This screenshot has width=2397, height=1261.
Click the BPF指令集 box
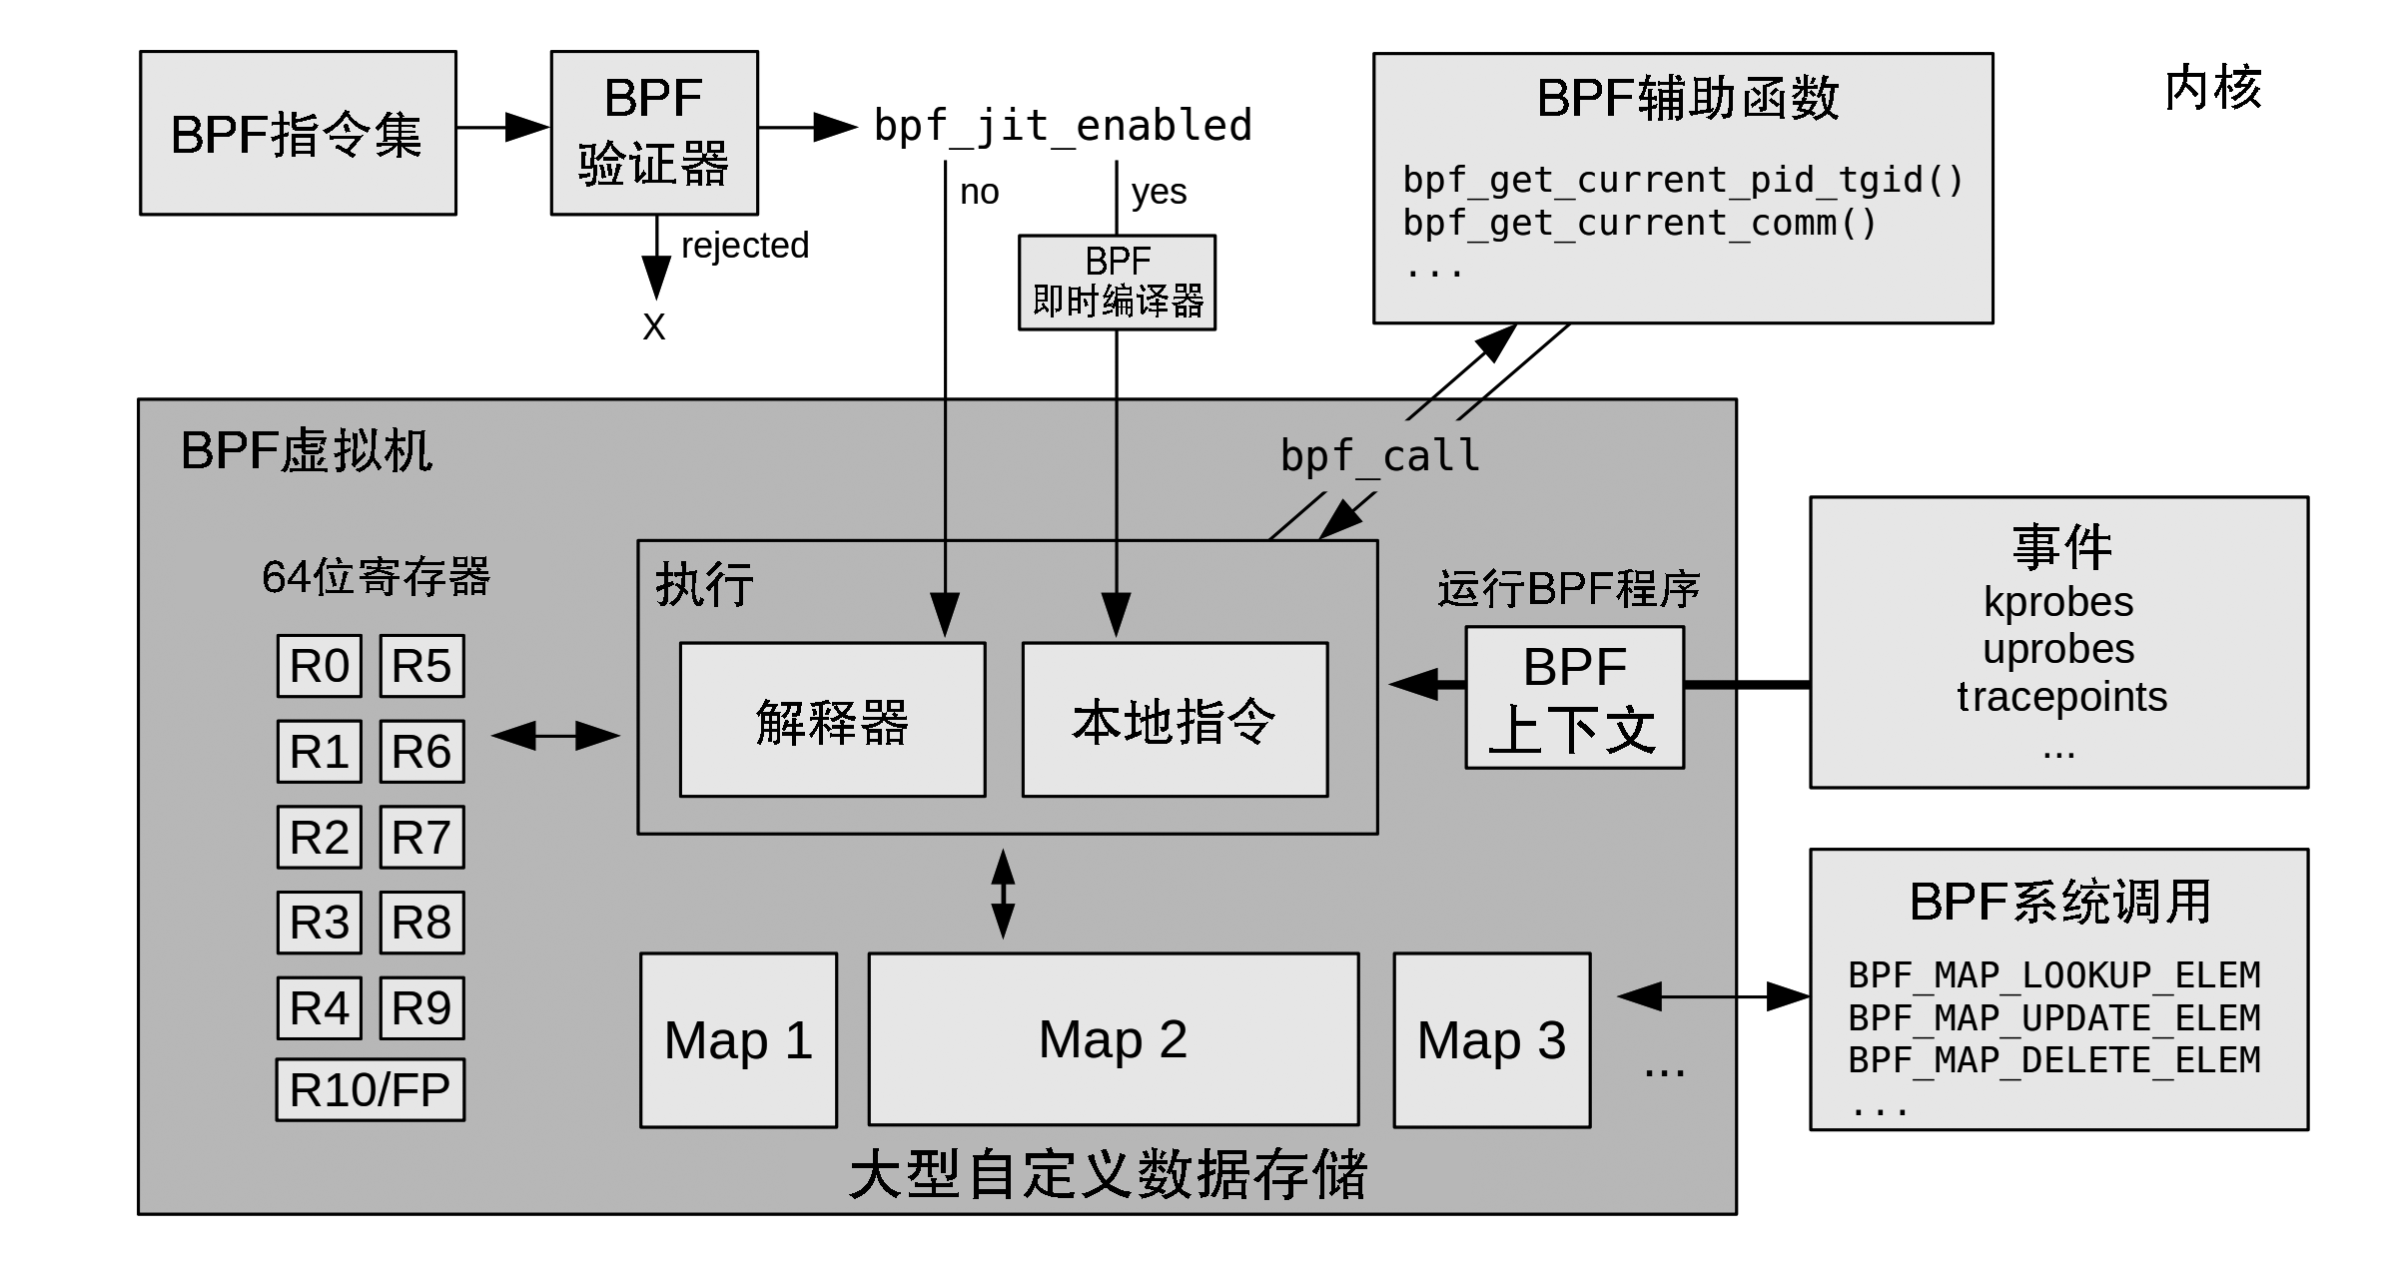298,133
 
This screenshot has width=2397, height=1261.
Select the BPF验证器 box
654,133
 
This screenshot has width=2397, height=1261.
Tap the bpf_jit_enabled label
1063,127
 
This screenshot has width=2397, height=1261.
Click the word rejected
745,246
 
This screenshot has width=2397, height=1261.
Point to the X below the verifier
654,327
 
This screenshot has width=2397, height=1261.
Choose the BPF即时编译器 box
1117,283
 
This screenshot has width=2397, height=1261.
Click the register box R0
320,666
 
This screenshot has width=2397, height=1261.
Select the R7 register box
422,837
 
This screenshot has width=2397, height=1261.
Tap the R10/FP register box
371,1089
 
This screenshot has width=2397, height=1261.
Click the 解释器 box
833,720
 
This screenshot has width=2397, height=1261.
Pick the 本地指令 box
1176,720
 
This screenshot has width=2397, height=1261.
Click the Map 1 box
739,1040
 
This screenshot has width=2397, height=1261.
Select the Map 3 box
1492,1040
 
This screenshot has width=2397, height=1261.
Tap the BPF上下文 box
1575,698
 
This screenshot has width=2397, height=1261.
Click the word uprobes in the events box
2058,650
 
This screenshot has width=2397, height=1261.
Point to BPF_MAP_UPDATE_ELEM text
2054,1018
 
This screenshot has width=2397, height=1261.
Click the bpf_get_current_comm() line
1640,224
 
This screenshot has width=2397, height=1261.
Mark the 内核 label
2213,88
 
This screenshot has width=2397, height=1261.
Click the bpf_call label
1380,456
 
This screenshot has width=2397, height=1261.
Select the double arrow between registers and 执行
556,736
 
